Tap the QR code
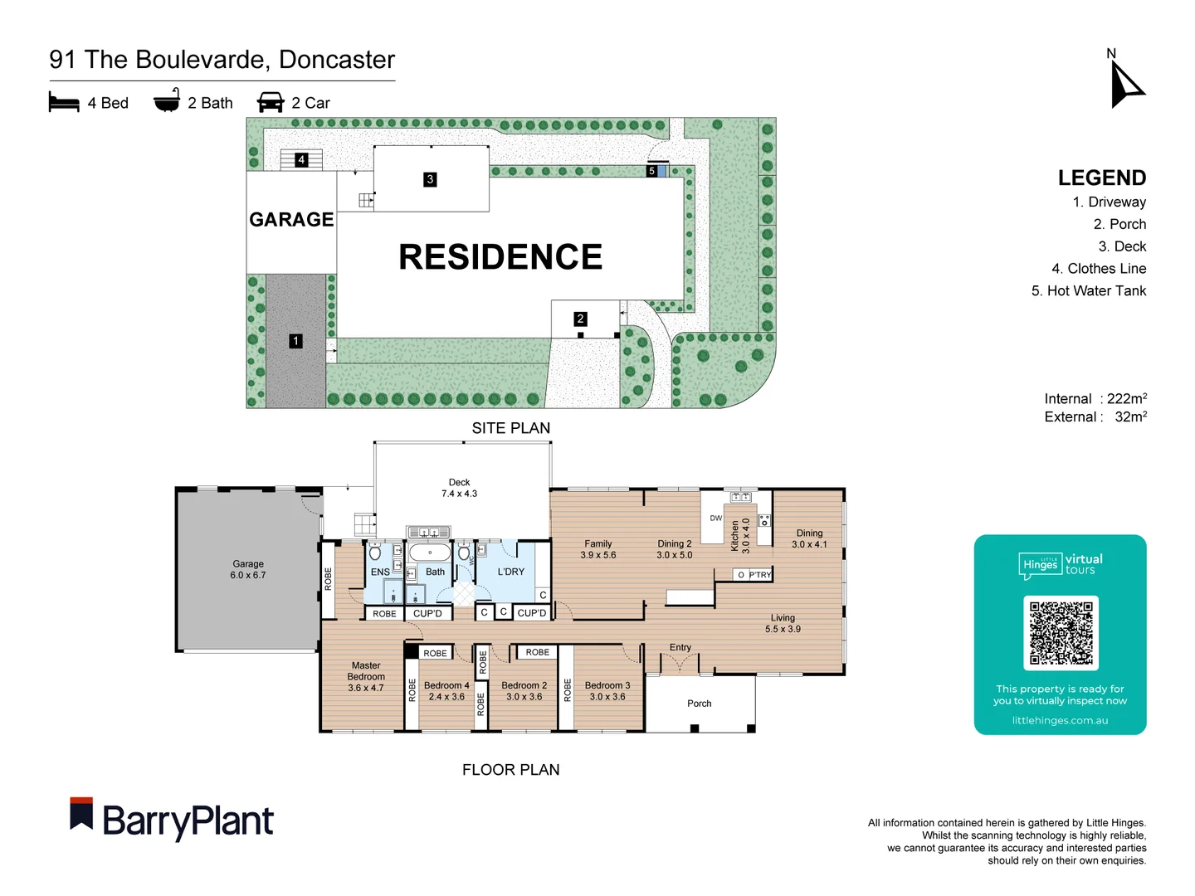pos(1061,632)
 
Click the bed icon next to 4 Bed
pos(64,103)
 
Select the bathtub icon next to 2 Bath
pos(167,101)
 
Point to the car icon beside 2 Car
pos(271,103)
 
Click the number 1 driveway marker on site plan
pos(295,341)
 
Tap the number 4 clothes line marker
pos(301,159)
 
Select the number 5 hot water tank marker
pos(651,171)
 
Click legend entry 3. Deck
pos(1122,246)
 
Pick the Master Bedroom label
pos(366,676)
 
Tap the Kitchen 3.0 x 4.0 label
pos(739,536)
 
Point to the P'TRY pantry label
pos(760,575)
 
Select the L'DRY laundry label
pos(511,572)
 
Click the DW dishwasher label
pos(715,518)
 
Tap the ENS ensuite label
pos(380,572)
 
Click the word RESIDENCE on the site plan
pos(500,257)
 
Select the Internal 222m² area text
pos(1095,399)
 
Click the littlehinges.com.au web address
pos(1060,720)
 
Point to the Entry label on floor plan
pos(680,647)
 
